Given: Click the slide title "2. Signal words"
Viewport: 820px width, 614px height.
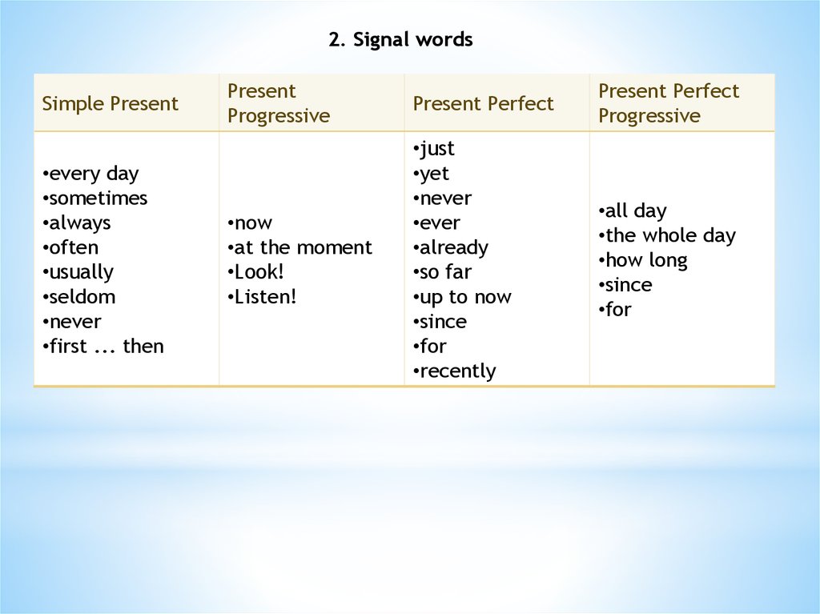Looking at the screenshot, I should (x=400, y=39).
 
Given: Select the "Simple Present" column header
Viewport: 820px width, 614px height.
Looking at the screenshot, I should (x=111, y=103).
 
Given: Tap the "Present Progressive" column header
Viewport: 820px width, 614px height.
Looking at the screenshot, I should (x=279, y=103).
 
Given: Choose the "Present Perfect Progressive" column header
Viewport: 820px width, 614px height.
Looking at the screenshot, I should (x=669, y=103).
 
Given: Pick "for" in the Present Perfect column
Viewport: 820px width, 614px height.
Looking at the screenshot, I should (x=431, y=347).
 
